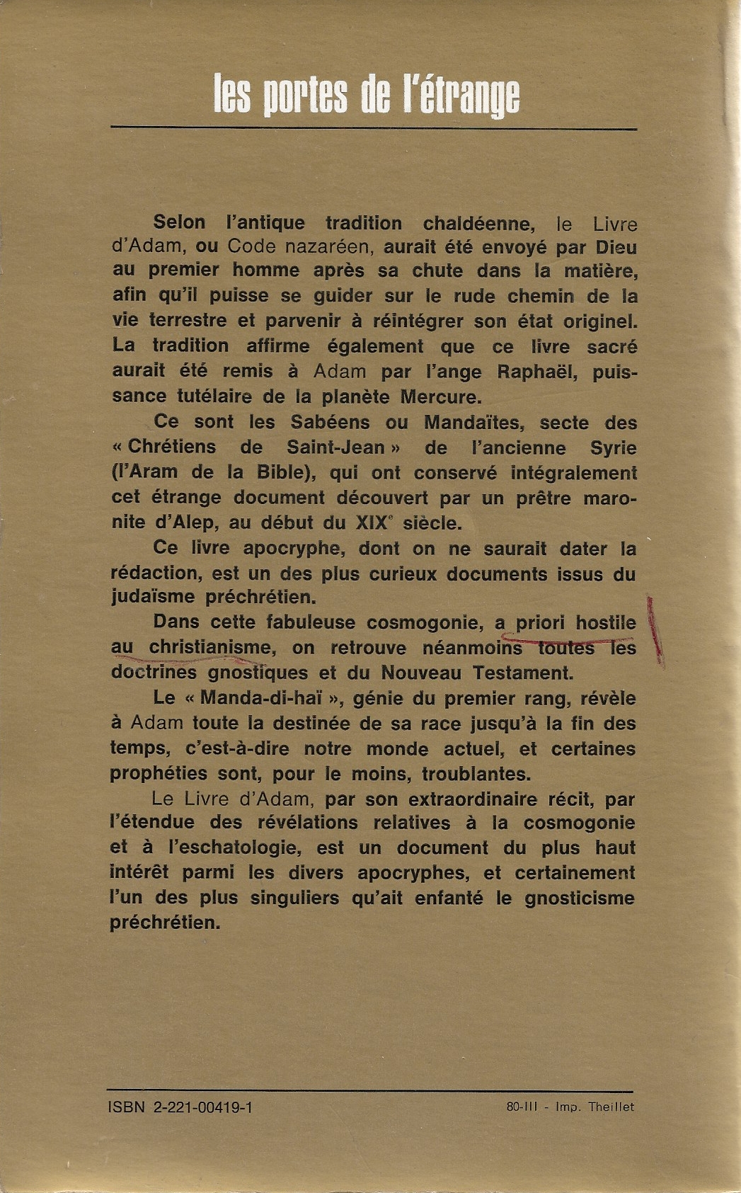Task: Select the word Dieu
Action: click(x=615, y=248)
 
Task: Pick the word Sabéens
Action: click(x=330, y=422)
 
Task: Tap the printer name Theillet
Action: click(x=611, y=1107)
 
